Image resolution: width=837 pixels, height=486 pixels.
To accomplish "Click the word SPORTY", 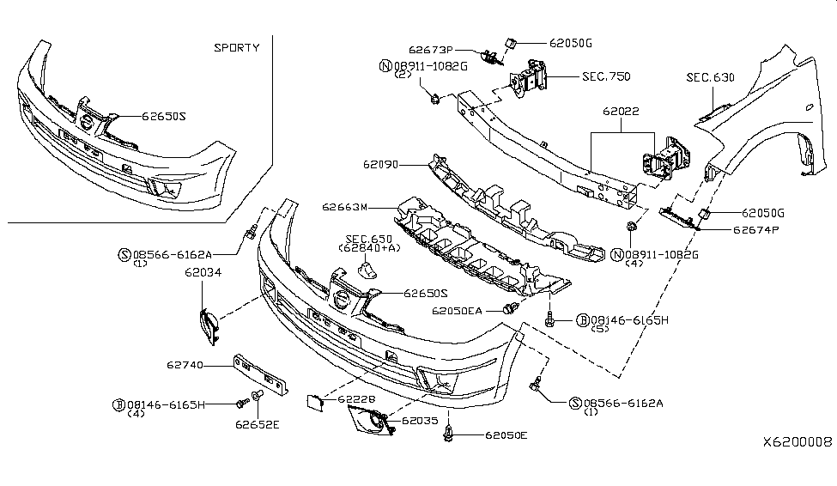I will click(236, 48).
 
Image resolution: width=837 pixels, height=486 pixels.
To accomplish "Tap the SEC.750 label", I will click(606, 76).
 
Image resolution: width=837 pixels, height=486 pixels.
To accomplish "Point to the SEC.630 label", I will click(710, 77).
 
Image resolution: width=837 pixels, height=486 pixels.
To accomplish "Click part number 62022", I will click(622, 112).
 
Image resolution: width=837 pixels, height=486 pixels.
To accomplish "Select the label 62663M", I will click(345, 207).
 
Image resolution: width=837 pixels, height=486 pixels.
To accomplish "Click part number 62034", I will click(203, 273).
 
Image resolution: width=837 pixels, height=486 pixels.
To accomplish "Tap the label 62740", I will click(185, 365).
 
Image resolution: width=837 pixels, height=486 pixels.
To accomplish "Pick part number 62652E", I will click(254, 423).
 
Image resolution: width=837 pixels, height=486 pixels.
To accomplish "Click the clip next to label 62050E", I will click(449, 437).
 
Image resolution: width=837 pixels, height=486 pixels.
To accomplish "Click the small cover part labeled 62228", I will click(314, 399).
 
